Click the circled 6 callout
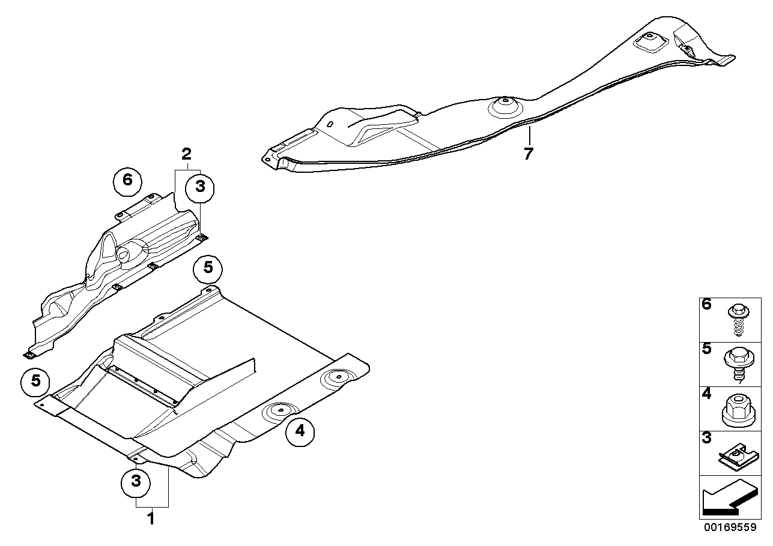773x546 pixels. coord(127,179)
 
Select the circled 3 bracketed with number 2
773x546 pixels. coord(200,187)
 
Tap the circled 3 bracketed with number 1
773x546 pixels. coord(136,481)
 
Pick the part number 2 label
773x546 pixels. coord(187,152)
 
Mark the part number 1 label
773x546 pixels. coord(151,517)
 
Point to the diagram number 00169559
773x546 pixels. coord(733,529)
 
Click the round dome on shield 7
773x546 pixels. coord(503,109)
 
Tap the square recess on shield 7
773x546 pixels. coord(647,41)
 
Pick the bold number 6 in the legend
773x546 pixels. coord(706,304)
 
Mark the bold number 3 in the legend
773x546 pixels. coord(706,437)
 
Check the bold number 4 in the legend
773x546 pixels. coord(706,394)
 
